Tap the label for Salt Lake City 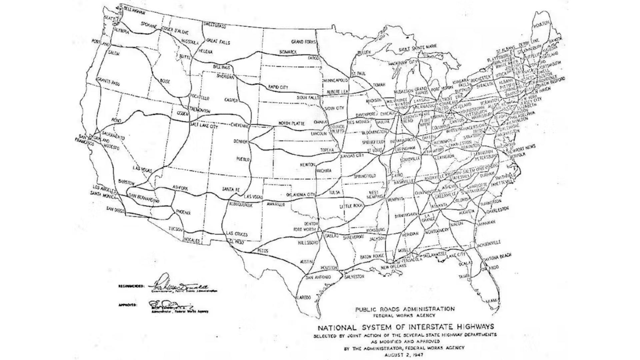[x=204, y=126]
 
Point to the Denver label [x=240, y=142]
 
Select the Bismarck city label [x=288, y=52]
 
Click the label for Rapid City [x=278, y=87]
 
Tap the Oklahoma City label [x=301, y=195]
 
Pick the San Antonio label [x=318, y=277]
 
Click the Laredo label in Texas [x=304, y=297]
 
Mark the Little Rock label [x=351, y=206]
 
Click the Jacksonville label [x=489, y=244]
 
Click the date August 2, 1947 [x=404, y=355]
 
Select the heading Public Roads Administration [x=405, y=309]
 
